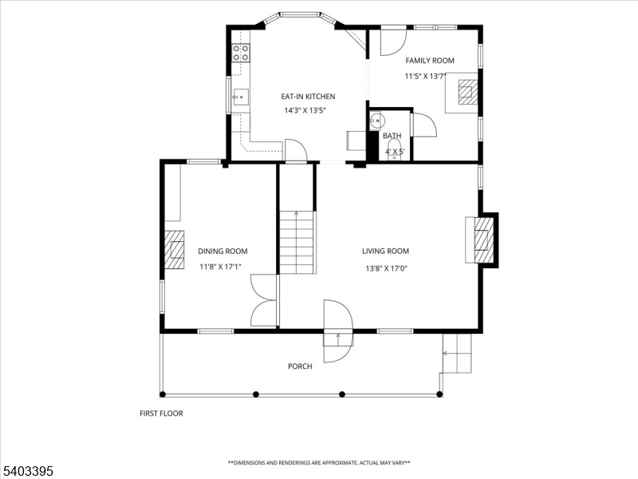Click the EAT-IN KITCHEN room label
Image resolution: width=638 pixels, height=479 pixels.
point(307,97)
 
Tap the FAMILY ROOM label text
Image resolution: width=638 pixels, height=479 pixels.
point(429,61)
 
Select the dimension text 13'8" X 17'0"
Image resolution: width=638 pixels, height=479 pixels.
point(386,269)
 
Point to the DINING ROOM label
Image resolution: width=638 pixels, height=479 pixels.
point(223,251)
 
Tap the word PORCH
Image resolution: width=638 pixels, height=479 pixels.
point(300,366)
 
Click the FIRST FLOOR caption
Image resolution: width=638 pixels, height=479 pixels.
point(161,414)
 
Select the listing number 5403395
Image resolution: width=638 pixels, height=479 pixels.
point(29,471)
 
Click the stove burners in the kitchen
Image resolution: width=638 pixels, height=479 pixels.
point(240,53)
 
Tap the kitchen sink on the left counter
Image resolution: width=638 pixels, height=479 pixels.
point(239,98)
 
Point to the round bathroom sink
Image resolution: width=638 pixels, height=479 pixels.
point(377,121)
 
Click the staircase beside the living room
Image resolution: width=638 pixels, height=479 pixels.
point(297,242)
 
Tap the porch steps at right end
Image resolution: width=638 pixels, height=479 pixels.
point(457,353)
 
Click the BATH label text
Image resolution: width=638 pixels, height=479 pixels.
point(392,136)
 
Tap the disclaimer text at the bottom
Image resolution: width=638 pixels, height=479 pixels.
point(319,463)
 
